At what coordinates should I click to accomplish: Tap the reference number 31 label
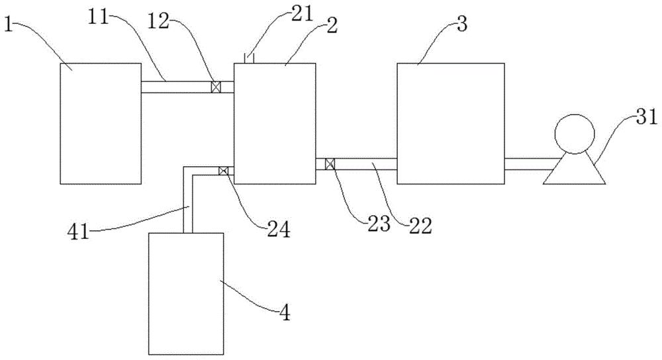(646, 117)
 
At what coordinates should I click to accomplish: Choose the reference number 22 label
(421, 226)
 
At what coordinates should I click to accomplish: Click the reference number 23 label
(379, 224)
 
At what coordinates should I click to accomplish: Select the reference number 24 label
(277, 230)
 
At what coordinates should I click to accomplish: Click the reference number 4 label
(285, 313)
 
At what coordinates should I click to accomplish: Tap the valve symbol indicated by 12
(216, 87)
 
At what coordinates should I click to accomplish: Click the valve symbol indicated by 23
(330, 163)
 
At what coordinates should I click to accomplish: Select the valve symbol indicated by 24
(224, 171)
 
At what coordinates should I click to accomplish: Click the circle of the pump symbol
(574, 134)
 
